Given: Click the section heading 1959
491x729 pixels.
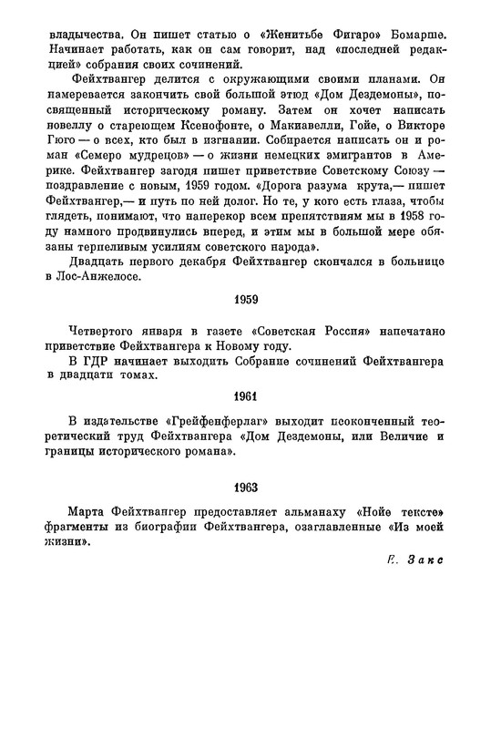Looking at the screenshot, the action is click(x=245, y=323).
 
